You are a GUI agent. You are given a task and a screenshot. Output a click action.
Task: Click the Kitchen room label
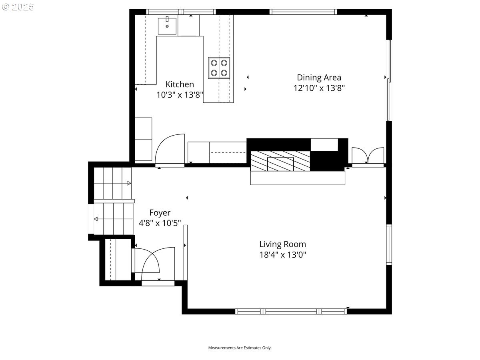pyautogui.click(x=180, y=84)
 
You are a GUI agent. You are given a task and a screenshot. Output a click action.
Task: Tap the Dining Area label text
pyautogui.click(x=319, y=78)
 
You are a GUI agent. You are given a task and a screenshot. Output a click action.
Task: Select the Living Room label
pyautogui.click(x=282, y=244)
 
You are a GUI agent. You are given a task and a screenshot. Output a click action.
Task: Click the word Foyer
pyautogui.click(x=160, y=213)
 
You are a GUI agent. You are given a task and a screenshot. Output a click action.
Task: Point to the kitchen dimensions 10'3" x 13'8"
pyautogui.click(x=180, y=95)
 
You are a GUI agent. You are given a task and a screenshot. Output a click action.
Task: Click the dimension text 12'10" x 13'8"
pyautogui.click(x=319, y=88)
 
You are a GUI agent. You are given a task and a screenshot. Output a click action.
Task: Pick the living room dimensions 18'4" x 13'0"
pyautogui.click(x=282, y=254)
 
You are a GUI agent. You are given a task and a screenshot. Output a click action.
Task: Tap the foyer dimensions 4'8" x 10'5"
pyautogui.click(x=160, y=223)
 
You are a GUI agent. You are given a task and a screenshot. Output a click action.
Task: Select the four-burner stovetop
pyautogui.click(x=219, y=68)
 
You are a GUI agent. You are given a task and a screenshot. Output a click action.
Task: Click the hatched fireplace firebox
pyautogui.click(x=280, y=161)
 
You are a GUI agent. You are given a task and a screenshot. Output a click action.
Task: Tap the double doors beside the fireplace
pyautogui.click(x=368, y=156)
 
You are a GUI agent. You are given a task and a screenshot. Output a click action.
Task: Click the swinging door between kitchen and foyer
pyautogui.click(x=170, y=150)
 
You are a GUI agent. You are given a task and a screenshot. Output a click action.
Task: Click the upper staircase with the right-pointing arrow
pyautogui.click(x=112, y=183)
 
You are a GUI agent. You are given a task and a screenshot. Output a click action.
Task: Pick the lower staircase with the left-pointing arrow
pyautogui.click(x=114, y=219)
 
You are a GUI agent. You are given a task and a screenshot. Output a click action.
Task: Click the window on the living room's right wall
pyautogui.click(x=389, y=244)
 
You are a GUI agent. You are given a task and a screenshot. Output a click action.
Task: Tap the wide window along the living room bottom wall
pyautogui.click(x=291, y=311)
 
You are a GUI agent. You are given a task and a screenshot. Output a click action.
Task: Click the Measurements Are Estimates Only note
pyautogui.click(x=240, y=348)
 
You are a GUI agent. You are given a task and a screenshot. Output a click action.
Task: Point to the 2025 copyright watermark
pyautogui.click(x=18, y=7)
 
